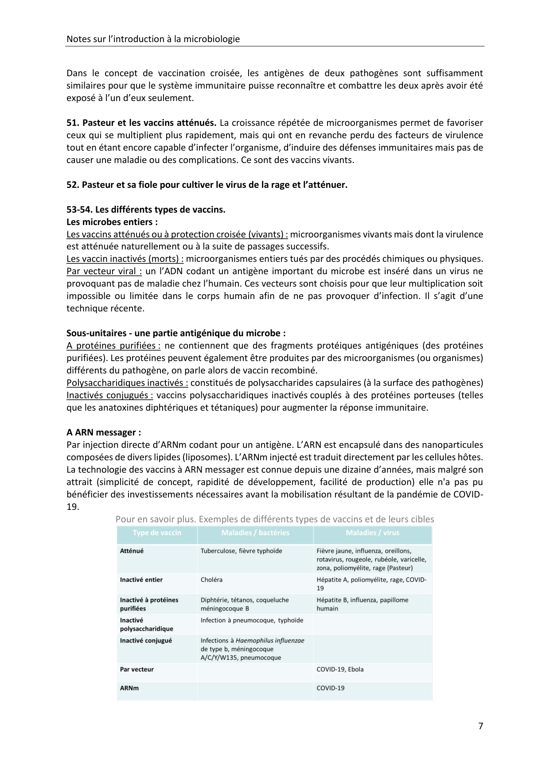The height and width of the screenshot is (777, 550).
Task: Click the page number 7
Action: (x=480, y=726)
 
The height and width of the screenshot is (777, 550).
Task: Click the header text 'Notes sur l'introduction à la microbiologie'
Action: (x=153, y=39)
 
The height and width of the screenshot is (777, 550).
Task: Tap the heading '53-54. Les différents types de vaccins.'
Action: (x=146, y=210)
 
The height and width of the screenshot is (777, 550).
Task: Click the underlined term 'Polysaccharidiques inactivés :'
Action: (x=127, y=383)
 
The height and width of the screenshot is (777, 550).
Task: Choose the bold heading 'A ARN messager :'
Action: (x=104, y=432)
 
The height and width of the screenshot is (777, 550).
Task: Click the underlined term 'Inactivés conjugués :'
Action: (x=110, y=395)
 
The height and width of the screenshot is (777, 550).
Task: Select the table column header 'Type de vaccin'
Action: (x=157, y=533)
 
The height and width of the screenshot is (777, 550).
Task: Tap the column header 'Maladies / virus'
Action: (x=372, y=533)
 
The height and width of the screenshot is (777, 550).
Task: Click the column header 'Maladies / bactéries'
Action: (x=255, y=533)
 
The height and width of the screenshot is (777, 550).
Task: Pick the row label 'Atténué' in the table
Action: (x=132, y=551)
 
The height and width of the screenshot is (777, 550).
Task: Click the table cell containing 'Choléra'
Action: (x=211, y=579)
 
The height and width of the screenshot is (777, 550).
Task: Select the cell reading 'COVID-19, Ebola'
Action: (x=339, y=669)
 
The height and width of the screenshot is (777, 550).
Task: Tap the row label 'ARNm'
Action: (x=129, y=688)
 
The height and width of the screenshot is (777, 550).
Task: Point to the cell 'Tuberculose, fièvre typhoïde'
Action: (x=241, y=551)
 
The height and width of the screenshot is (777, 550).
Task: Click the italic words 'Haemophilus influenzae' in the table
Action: (x=270, y=641)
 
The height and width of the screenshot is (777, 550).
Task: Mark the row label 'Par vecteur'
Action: (x=137, y=669)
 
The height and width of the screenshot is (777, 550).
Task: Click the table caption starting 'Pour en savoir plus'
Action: (x=274, y=519)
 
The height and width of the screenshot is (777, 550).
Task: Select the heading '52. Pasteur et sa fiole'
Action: (x=207, y=185)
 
